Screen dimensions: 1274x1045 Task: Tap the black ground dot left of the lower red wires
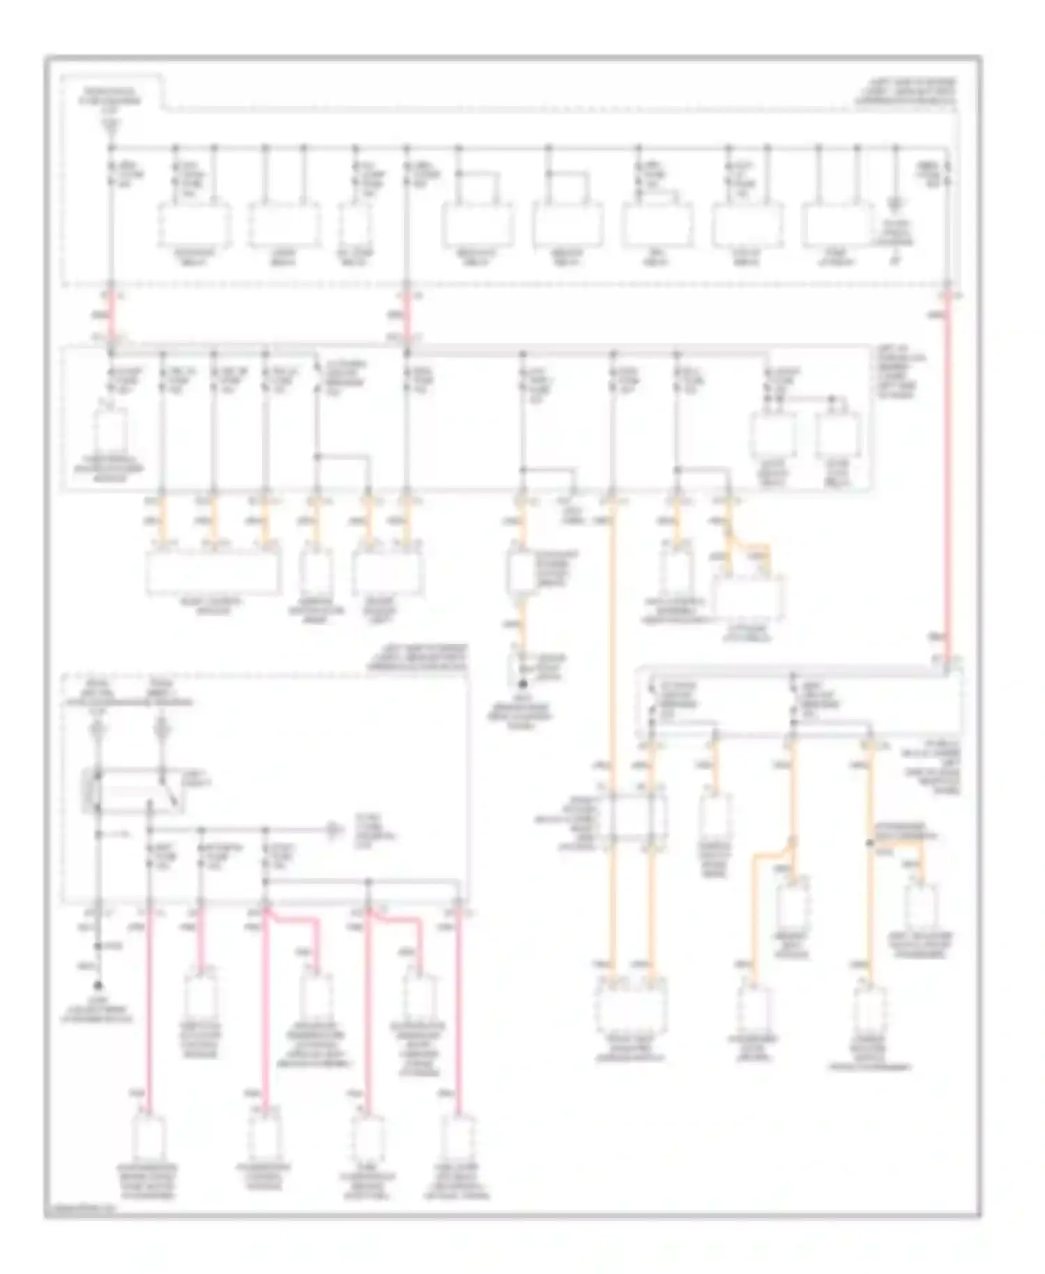point(98,985)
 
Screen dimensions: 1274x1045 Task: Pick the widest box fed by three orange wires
point(214,573)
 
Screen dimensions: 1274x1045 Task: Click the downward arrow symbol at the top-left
point(111,126)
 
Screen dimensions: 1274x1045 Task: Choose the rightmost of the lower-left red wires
point(458,1011)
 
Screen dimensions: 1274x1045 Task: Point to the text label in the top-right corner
point(906,92)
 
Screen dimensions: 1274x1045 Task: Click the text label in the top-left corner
point(111,97)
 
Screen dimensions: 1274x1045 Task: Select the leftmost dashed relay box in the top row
point(194,224)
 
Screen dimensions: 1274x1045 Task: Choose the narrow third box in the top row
point(355,224)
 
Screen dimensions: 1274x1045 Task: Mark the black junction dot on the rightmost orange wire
point(869,843)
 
